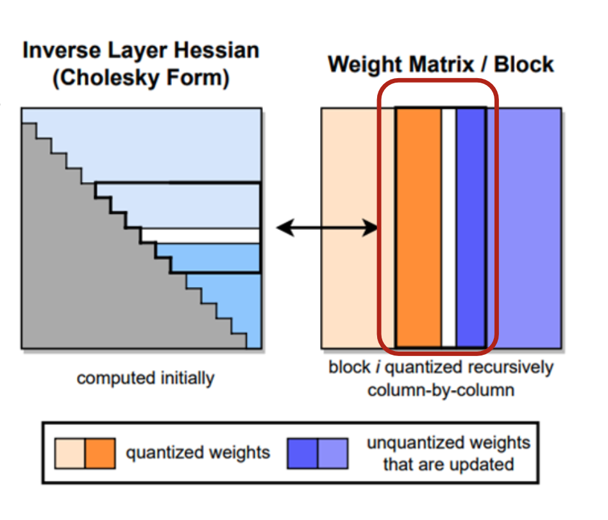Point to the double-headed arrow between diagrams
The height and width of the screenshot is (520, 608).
326,227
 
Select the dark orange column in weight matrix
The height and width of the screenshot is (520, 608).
418,227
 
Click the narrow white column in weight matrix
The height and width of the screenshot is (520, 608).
448,227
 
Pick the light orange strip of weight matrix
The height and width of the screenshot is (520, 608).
349,227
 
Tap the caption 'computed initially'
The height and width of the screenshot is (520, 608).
146,378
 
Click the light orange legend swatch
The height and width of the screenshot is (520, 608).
70,453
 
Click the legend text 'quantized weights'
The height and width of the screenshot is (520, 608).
198,453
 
